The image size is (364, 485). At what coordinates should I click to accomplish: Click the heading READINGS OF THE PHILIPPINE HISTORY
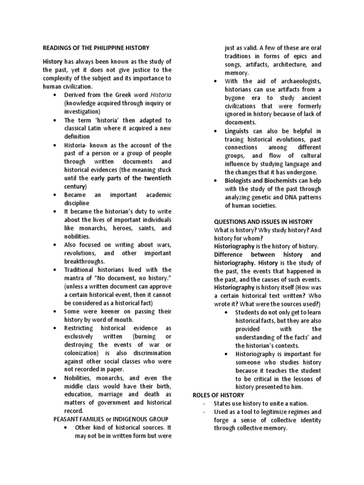[96, 48]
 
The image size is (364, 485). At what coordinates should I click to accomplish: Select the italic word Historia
[161, 95]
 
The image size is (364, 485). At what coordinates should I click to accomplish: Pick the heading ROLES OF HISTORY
[218, 395]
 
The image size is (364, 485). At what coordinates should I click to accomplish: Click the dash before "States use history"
[204, 404]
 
